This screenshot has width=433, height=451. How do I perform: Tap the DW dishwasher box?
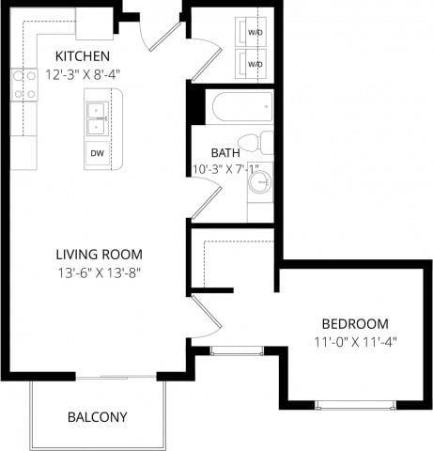(x=96, y=153)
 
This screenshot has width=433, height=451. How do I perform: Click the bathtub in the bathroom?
(x=241, y=108)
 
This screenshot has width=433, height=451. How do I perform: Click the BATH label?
(x=225, y=152)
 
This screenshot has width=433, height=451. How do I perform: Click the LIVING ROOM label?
(x=99, y=254)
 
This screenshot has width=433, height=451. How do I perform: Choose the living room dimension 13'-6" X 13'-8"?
(x=99, y=273)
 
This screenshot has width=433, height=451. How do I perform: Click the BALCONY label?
(x=97, y=416)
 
